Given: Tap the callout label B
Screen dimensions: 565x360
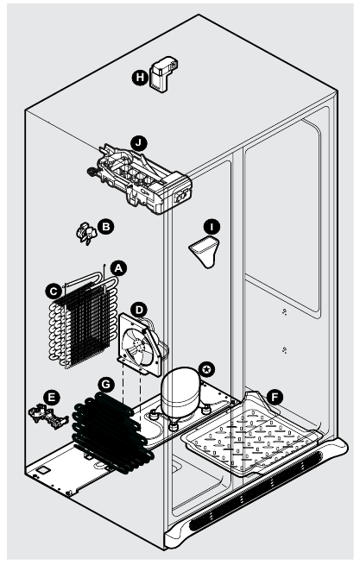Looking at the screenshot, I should pyautogui.click(x=105, y=226).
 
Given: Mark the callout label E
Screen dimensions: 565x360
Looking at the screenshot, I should pyautogui.click(x=52, y=397).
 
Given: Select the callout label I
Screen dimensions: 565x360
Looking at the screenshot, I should pyautogui.click(x=213, y=227).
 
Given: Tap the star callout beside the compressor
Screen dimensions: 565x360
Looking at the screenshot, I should pyautogui.click(x=205, y=369).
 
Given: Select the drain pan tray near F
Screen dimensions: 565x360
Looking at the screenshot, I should pyautogui.click(x=250, y=440).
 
